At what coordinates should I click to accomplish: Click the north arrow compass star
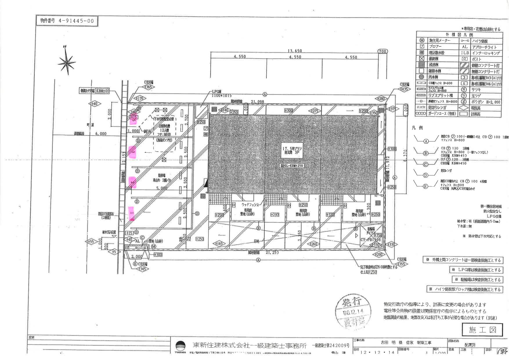click(66, 62)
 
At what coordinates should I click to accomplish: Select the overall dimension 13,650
click(295, 51)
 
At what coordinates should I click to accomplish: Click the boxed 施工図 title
click(482, 330)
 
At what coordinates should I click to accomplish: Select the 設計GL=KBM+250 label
click(291, 166)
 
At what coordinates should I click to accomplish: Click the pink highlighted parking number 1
click(132, 214)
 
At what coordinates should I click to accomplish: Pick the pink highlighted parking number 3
click(133, 151)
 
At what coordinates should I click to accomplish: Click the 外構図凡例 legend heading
click(459, 35)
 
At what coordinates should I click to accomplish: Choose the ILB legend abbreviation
click(465, 53)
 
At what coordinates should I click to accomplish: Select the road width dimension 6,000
click(101, 134)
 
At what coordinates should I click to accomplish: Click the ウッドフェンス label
click(250, 205)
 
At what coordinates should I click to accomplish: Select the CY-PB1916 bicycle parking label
click(371, 240)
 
